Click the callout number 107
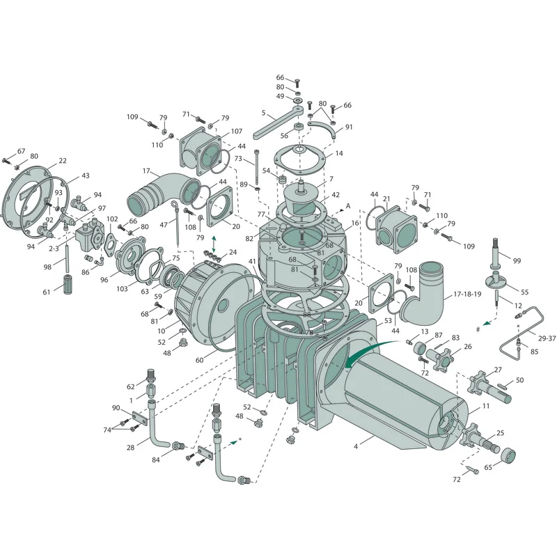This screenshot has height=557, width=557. [x=237, y=132]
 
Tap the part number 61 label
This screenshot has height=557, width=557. [x=47, y=292]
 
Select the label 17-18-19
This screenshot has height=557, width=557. [x=467, y=295]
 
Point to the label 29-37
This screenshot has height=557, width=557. [x=547, y=338]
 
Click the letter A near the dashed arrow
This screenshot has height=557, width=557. [x=348, y=206]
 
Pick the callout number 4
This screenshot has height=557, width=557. [x=356, y=446]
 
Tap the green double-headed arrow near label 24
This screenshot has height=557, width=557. [x=214, y=244]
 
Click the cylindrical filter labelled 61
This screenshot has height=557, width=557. [x=68, y=283]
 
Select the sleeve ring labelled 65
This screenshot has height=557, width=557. [x=508, y=455]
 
